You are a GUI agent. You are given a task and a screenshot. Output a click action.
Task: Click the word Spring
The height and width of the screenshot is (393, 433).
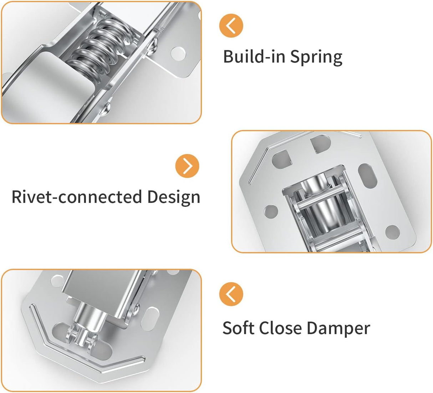[316, 57]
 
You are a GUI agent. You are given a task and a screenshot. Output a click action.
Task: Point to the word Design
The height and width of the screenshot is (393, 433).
[174, 197]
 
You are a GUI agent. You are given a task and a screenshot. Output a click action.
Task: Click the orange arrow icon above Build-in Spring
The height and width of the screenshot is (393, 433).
[231, 26]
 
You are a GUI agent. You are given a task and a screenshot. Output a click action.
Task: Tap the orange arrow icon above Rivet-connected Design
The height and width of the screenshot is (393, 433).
[187, 166]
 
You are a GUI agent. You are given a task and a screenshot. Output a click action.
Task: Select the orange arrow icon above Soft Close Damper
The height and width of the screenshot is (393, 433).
[231, 294]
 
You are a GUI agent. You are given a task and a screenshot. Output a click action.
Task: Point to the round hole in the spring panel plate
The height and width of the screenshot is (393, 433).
[178, 53]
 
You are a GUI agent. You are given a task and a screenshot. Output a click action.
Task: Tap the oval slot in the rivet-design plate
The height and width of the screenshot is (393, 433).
[367, 176]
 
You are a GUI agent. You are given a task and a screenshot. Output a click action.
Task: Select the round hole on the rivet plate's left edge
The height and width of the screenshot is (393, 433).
[271, 211]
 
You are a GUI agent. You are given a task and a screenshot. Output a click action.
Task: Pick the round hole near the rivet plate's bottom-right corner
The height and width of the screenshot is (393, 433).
[392, 232]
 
